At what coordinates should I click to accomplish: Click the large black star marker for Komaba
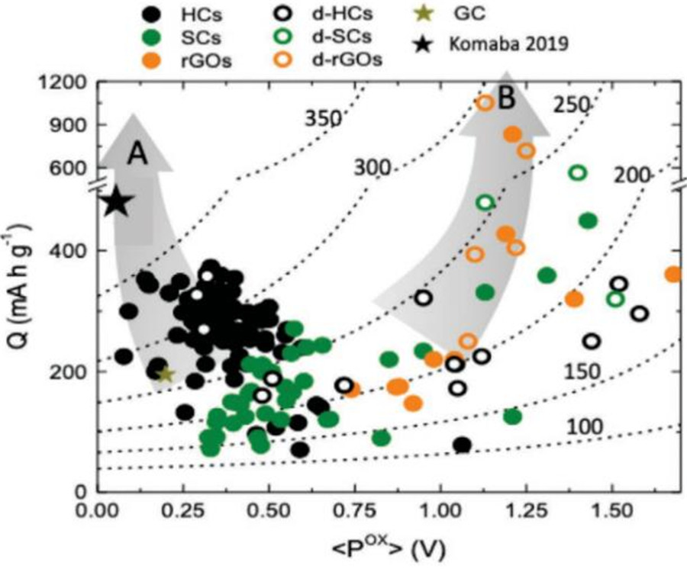pos(116,202)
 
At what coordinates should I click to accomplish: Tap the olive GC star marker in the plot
pos(165,374)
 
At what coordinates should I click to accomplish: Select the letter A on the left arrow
pos(137,154)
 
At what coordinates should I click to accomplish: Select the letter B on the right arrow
pos(507,100)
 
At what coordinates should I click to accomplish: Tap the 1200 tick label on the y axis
pos(66,82)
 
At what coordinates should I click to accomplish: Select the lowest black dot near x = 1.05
pos(462,445)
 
